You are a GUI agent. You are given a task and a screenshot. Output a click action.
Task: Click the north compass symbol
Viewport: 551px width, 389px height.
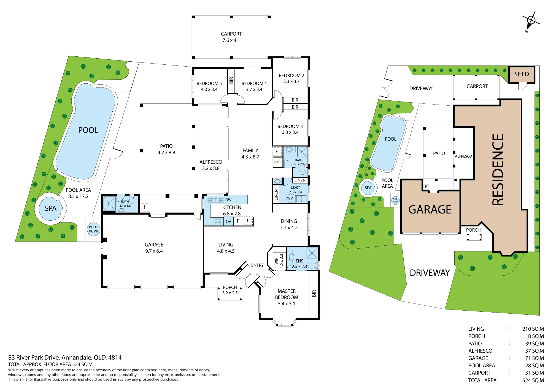pos(531,21)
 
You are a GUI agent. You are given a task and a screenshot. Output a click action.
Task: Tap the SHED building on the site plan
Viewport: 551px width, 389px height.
pos(522,74)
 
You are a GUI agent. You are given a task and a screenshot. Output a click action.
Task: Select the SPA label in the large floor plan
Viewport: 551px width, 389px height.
pos(51,209)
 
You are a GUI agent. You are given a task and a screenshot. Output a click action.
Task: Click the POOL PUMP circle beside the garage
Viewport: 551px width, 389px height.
pos(93,229)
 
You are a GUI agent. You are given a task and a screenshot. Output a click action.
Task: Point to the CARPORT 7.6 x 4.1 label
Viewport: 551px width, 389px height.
pos(231,37)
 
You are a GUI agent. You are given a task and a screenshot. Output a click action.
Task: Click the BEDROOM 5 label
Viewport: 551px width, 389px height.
pos(209,83)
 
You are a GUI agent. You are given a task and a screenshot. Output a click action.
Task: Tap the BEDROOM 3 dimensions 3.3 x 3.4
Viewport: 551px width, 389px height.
pos(290,132)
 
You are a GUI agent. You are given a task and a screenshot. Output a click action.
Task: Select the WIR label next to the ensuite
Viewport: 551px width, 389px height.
pos(276,261)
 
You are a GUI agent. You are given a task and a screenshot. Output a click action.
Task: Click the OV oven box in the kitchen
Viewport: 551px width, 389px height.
pos(228,221)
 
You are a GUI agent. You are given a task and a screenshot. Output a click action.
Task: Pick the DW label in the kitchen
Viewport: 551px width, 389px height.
pos(228,200)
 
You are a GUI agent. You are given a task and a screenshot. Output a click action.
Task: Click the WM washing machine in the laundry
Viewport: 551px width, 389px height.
pos(290,198)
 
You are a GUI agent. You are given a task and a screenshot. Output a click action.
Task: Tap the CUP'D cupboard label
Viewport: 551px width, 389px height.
pos(277,162)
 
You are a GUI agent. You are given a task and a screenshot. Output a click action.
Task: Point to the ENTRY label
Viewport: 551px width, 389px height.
pos(257,265)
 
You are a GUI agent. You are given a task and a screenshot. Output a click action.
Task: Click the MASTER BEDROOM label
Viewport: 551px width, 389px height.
pos(287,294)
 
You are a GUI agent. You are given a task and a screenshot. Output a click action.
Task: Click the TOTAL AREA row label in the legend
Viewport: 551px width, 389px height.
pos(482,380)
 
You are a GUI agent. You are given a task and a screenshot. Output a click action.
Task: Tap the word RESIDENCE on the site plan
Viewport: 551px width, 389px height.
pos(498,170)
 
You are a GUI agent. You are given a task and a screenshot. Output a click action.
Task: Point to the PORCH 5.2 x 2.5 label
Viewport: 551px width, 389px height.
pos(230,290)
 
